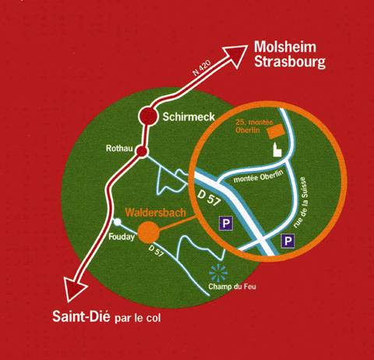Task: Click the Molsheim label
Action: tap(285, 47)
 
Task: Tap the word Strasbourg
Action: tap(290, 62)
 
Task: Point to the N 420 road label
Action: tap(202, 68)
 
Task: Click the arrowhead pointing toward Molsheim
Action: tap(235, 55)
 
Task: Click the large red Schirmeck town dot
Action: tap(148, 116)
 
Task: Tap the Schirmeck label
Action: tap(189, 117)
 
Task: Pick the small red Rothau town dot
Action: tap(142, 151)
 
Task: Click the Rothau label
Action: tap(119, 148)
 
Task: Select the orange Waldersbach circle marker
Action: tap(148, 232)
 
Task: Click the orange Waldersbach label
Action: tap(156, 213)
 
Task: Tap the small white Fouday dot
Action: tap(118, 222)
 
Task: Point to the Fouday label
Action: tap(122, 237)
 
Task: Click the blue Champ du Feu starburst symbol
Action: tap(218, 273)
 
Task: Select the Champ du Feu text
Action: tap(232, 287)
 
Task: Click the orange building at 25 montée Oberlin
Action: tap(276, 131)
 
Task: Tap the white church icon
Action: tap(277, 150)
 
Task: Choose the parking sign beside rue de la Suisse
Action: tap(288, 241)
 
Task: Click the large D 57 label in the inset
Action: tap(210, 198)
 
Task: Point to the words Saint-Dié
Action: tap(81, 316)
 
